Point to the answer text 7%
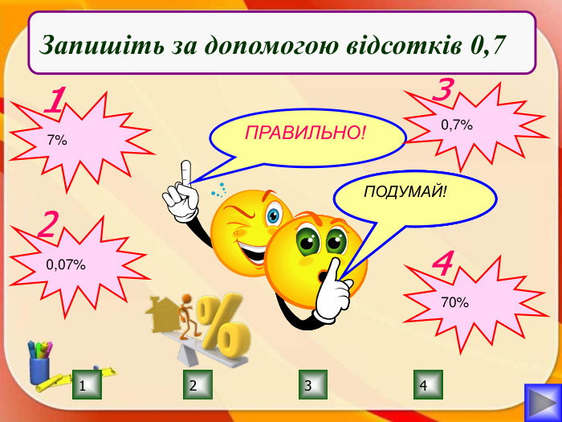56,140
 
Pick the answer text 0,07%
66,264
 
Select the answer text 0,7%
457,125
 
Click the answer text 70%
454,302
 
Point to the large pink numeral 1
55,102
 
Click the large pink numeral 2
49,226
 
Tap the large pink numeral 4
442,264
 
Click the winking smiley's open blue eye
274,215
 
